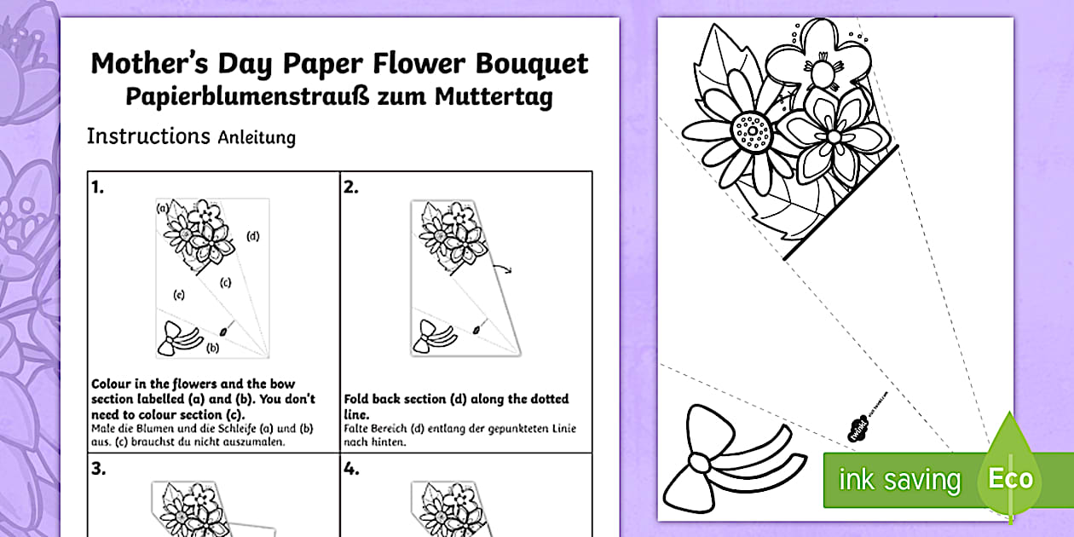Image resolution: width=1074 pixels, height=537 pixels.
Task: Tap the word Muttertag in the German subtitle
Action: point(494,96)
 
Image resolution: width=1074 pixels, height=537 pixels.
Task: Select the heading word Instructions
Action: point(148,136)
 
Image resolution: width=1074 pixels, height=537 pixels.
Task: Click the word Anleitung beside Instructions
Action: point(257,137)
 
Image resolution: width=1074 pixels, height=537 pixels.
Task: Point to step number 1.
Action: point(97,187)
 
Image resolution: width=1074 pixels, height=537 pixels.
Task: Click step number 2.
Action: point(350,187)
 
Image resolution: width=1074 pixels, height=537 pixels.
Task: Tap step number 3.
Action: point(98,469)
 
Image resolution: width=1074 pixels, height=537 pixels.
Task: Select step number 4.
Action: point(351,469)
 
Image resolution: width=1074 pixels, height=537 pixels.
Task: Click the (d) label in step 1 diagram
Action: point(252,236)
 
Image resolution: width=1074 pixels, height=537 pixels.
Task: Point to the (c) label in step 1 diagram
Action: point(225,282)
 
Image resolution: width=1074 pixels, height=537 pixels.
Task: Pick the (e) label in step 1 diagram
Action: point(179,294)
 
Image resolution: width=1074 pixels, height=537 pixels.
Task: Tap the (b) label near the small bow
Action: point(212,348)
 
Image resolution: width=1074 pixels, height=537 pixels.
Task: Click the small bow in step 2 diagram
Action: point(432,337)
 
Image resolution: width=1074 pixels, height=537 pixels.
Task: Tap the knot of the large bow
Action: point(699,463)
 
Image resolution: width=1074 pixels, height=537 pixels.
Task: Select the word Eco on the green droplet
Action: point(1010,478)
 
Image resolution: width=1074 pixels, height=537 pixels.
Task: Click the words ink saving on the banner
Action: point(899,479)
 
